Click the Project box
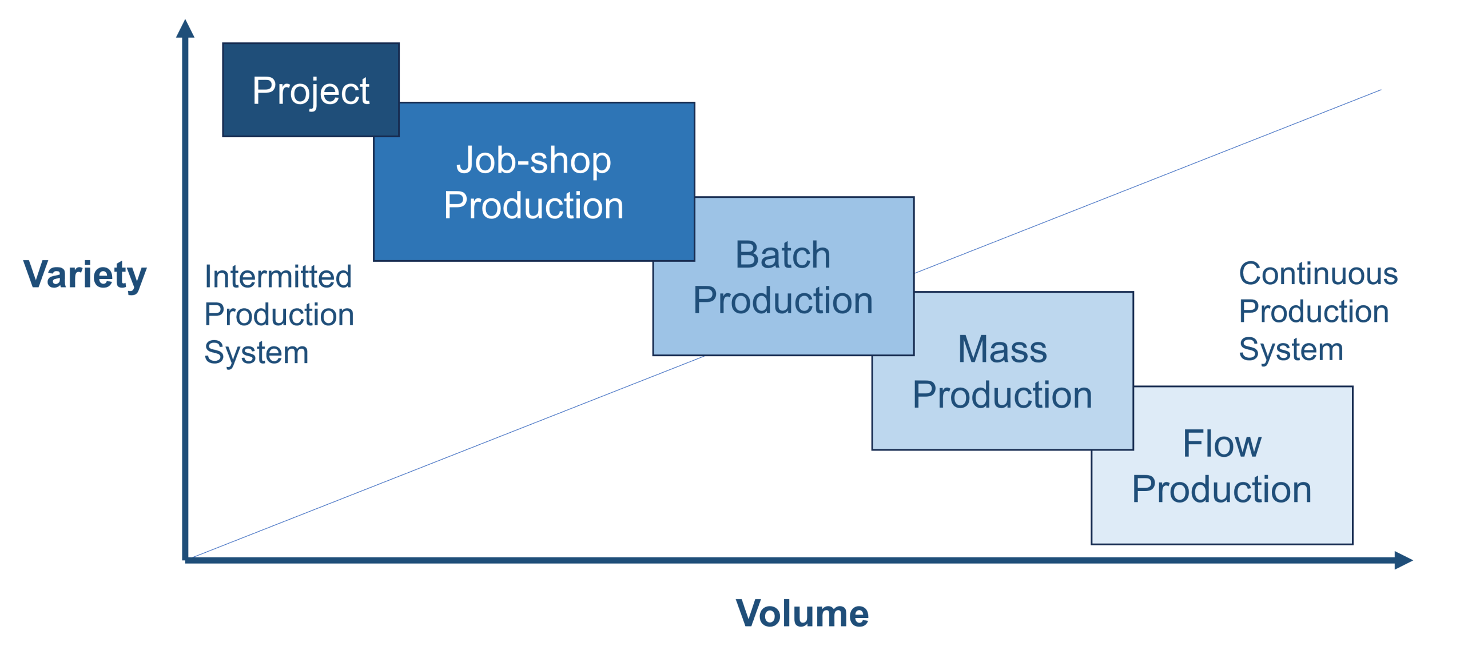[x=311, y=90]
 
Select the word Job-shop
[x=534, y=160]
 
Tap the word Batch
[x=783, y=254]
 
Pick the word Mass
[x=1002, y=349]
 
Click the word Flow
[x=1222, y=444]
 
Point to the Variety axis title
[x=85, y=275]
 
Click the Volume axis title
[x=802, y=613]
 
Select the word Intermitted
[x=278, y=277]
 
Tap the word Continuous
[x=1318, y=274]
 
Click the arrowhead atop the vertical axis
[x=185, y=29]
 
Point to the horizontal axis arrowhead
[x=1403, y=560]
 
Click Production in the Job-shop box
[x=534, y=205]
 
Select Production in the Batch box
[x=783, y=300]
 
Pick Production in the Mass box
[x=1002, y=395]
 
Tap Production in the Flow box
[x=1222, y=489]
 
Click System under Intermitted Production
[x=256, y=352]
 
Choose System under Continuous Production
[x=1291, y=349]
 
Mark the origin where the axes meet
[x=185, y=559]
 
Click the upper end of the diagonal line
[x=1380, y=90]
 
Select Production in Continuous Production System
[x=1314, y=312]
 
